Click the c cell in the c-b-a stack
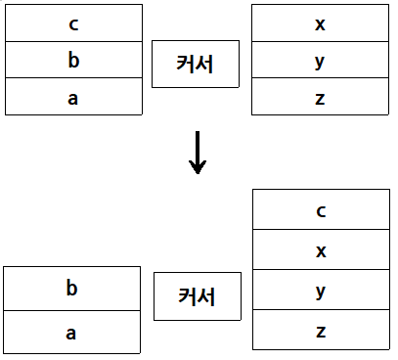(73, 23)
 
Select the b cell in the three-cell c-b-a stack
(73, 61)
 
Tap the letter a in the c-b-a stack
(73, 97)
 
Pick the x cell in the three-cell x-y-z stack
(320, 23)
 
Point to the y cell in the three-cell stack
(320, 61)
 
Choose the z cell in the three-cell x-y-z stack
(320, 97)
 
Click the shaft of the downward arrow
(198, 147)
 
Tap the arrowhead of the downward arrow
(198, 167)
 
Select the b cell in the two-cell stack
(71, 289)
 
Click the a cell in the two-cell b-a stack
(71, 333)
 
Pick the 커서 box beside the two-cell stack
(198, 295)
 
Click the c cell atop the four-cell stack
(321, 209)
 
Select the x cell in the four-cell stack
(321, 250)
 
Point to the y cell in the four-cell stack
(321, 291)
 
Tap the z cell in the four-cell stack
(321, 331)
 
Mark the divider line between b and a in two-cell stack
(71, 311)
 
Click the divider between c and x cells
(321, 230)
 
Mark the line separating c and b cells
(73, 42)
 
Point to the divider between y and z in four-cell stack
(321, 310)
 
